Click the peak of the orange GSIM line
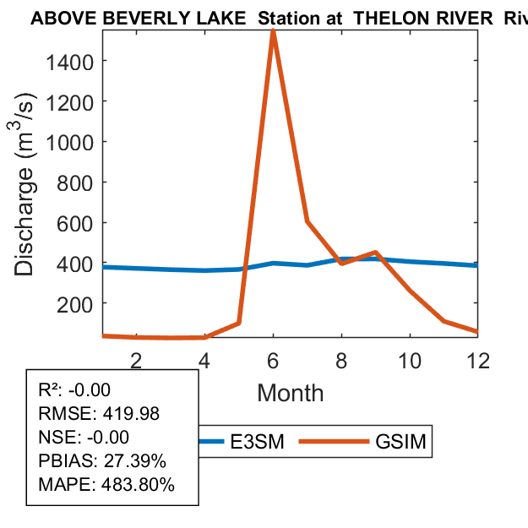click(273, 31)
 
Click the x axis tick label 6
click(273, 360)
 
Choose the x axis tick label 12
click(478, 360)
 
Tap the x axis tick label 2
click(136, 360)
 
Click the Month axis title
click(290, 393)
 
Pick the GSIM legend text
click(400, 441)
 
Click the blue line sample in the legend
click(216, 441)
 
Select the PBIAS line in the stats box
click(102, 461)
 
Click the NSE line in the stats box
click(84, 438)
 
